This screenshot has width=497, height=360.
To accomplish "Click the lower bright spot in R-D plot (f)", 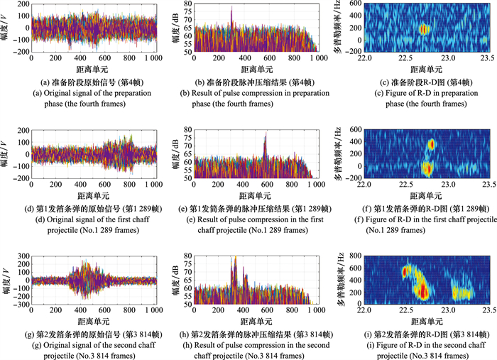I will [427, 169].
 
